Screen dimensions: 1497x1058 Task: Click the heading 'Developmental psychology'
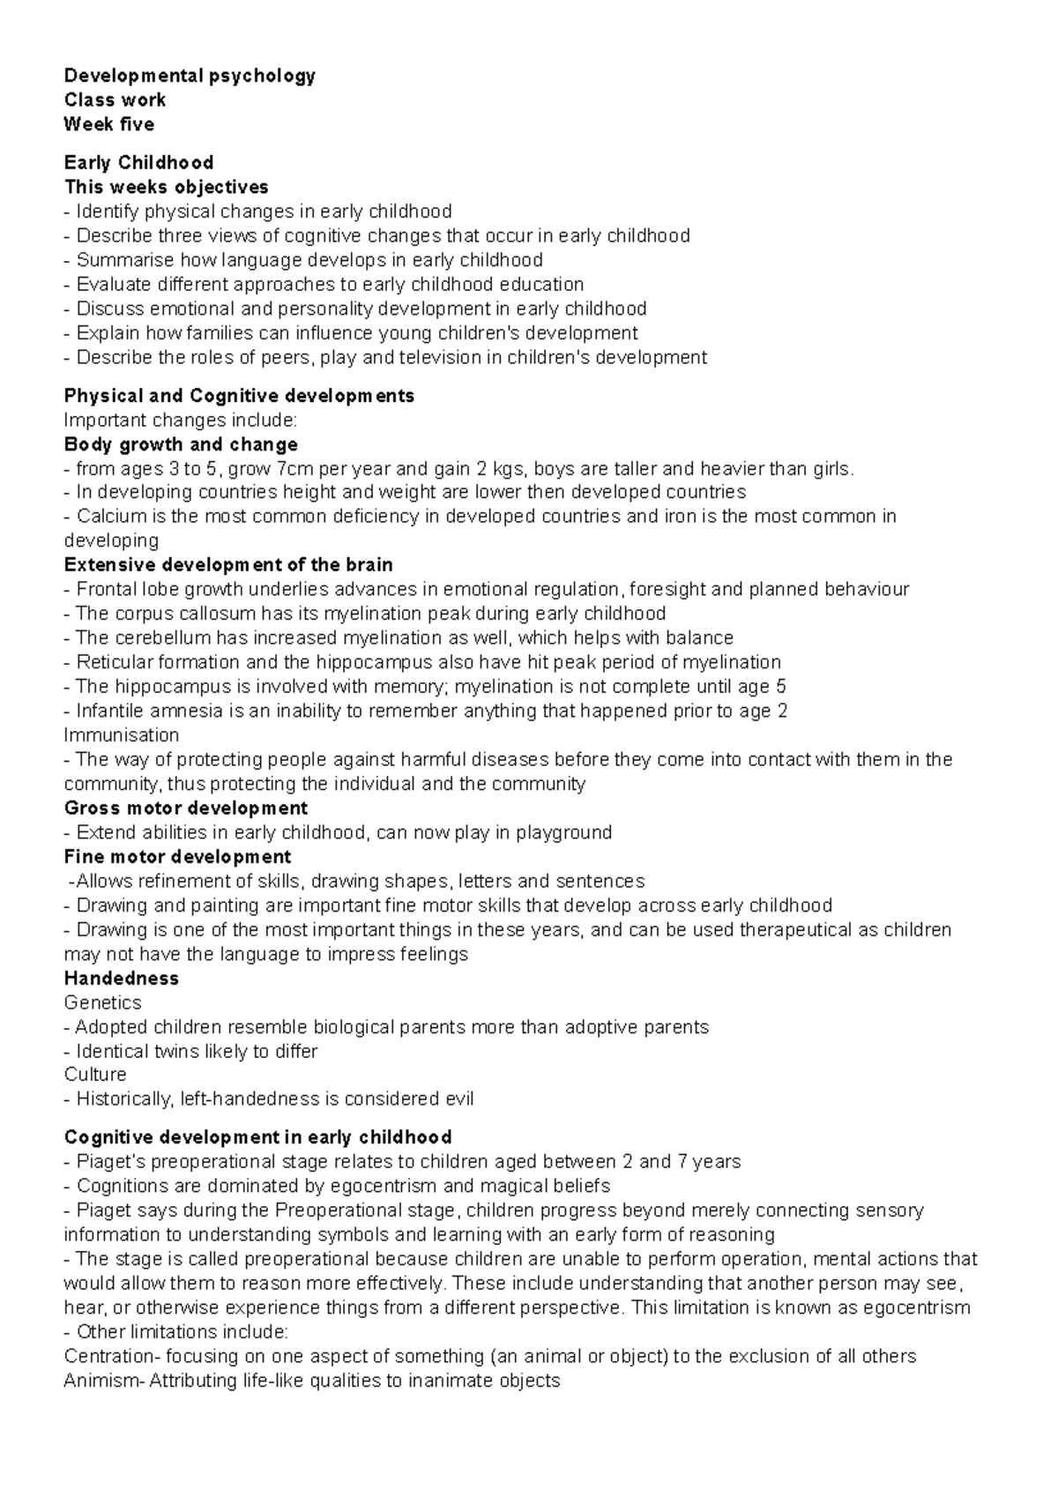(190, 76)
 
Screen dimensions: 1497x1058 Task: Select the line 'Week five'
(108, 124)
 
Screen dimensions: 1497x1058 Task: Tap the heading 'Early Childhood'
(138, 162)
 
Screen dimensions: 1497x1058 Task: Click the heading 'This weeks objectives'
(166, 187)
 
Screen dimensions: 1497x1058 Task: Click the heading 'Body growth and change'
(181, 444)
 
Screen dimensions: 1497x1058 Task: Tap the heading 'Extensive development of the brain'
(228, 564)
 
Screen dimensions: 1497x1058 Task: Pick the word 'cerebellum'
(156, 637)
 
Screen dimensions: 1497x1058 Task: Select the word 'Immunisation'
(122, 735)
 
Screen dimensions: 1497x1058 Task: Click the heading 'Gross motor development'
(186, 808)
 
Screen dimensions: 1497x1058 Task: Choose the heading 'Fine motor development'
(177, 857)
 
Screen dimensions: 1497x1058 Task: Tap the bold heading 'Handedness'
(122, 979)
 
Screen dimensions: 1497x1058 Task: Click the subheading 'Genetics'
(102, 1002)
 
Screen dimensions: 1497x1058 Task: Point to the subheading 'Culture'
(95, 1075)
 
